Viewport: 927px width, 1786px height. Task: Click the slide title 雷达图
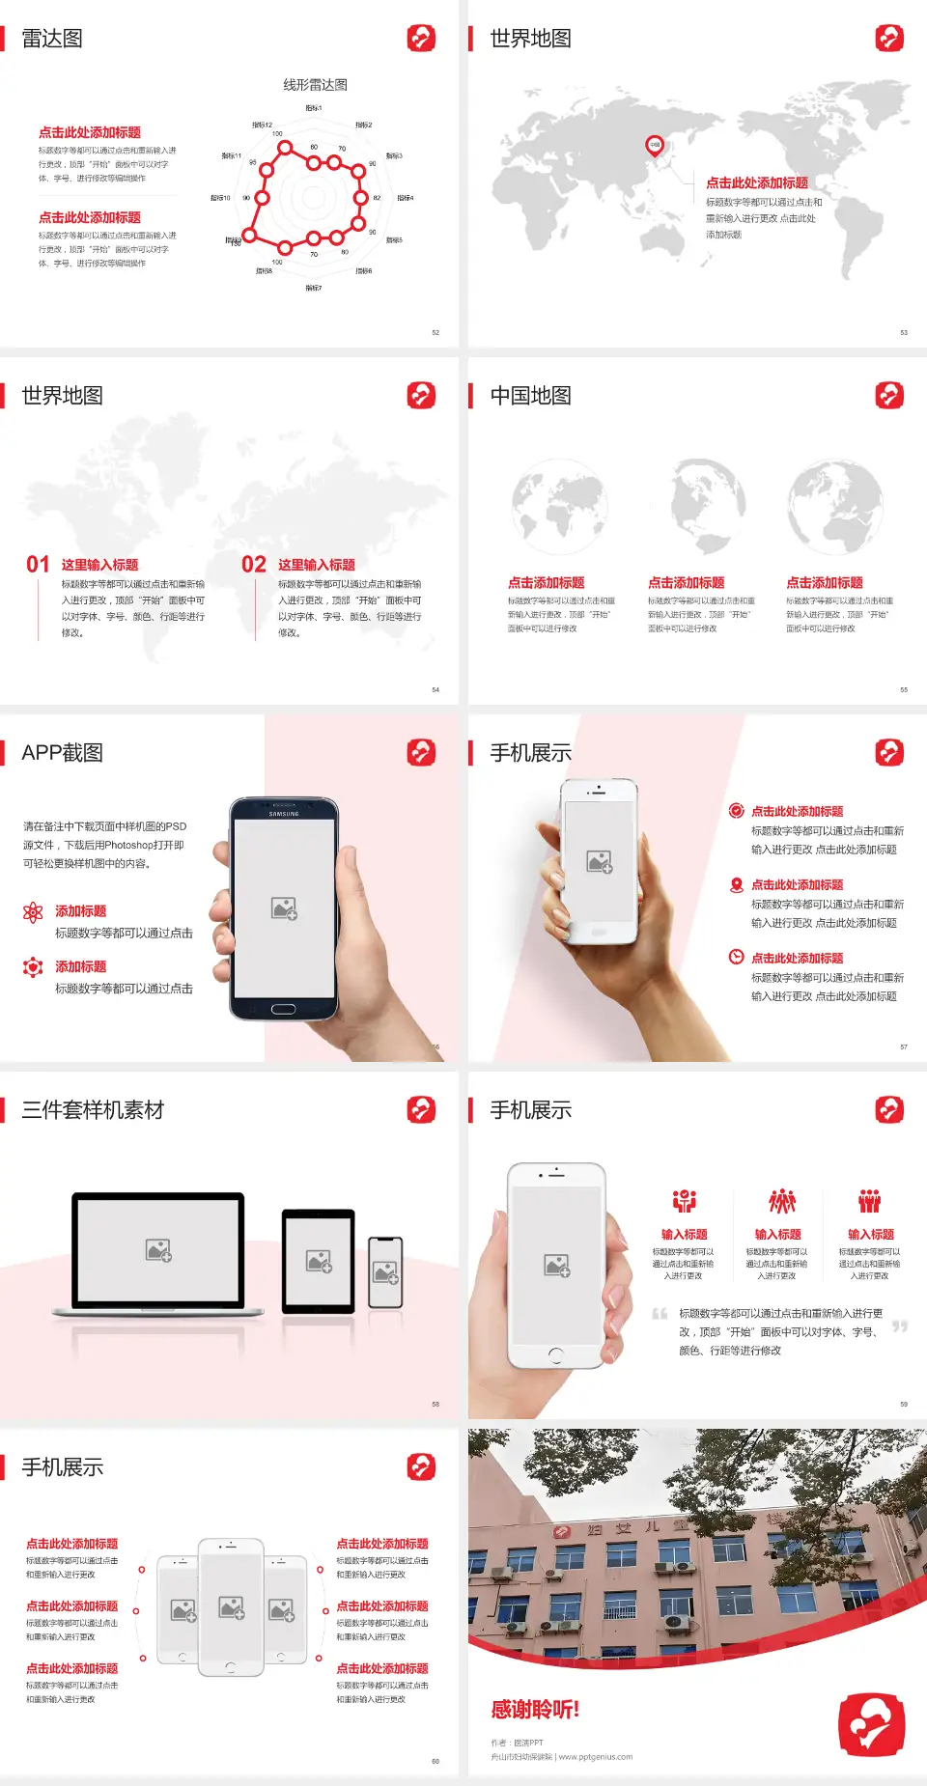coord(52,39)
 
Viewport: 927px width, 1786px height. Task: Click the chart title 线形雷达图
coord(315,85)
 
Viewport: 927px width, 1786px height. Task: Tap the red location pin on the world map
coord(654,146)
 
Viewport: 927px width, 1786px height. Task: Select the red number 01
coord(38,565)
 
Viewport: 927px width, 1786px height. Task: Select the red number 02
coord(254,565)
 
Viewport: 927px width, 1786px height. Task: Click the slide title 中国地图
coord(530,396)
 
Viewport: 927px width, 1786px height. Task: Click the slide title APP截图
coord(62,753)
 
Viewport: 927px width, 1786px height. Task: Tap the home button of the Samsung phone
coord(283,1009)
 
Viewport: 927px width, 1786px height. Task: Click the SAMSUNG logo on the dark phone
coord(284,814)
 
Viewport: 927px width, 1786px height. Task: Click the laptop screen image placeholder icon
coord(158,1250)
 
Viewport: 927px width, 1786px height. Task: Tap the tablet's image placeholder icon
coord(319,1261)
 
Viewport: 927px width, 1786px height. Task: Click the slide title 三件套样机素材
coord(93,1110)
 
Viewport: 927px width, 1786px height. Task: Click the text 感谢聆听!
coord(535,1710)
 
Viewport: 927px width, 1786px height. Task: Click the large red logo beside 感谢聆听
coord(871,1724)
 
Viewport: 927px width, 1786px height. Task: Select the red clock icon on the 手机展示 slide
coord(736,957)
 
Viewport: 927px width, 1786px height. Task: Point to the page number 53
coord(904,332)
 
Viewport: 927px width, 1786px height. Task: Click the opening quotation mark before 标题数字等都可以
coord(660,1314)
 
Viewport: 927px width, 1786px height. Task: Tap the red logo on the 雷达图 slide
coord(421,39)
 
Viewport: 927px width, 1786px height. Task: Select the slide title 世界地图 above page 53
coord(530,39)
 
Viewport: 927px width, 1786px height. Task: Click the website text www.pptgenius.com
coord(595,1757)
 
